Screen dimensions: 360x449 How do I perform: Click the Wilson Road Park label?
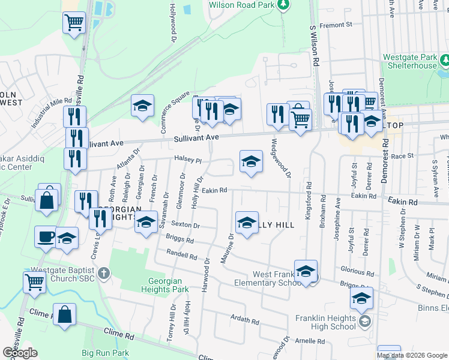tap(241, 5)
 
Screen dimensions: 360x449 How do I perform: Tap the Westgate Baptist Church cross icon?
tap(104, 274)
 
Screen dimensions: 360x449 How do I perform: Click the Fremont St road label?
tap(336, 25)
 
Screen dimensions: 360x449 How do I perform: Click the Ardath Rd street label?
tap(244, 320)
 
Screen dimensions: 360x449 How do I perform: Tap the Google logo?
tap(20, 353)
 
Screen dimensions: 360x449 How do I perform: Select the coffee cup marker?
tap(46, 236)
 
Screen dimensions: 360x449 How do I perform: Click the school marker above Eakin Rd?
tap(252, 161)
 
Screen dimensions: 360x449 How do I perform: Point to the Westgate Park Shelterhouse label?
tap(411, 61)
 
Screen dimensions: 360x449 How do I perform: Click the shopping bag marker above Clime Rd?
tap(64, 314)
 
